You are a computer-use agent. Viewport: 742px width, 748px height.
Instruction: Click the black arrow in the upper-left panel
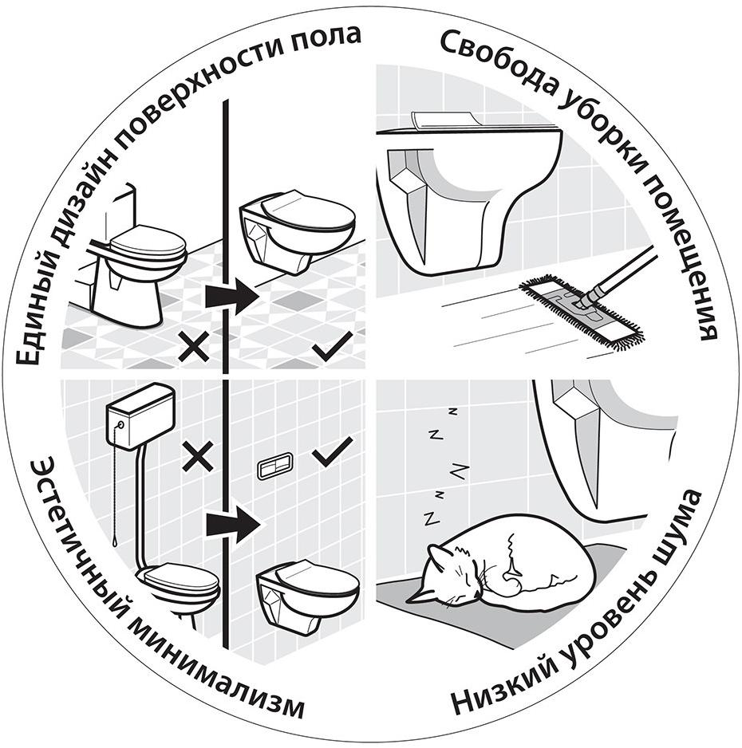pos(231,296)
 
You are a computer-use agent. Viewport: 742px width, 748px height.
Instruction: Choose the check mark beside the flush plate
pos(332,455)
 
